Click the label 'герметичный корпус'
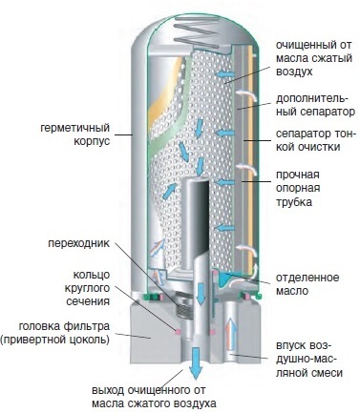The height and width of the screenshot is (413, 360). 74,134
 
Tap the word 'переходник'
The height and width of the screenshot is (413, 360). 78,243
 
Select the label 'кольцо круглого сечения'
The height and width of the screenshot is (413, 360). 88,288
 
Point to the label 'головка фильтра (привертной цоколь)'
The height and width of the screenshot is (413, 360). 55,333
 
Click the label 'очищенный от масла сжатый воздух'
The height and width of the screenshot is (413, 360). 314,58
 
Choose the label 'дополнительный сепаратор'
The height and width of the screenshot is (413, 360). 315,105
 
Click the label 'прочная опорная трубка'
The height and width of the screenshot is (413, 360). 298,188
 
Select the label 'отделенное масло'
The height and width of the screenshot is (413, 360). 307,284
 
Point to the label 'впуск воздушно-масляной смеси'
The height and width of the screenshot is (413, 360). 308,359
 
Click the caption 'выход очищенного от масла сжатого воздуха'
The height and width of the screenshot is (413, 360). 154,397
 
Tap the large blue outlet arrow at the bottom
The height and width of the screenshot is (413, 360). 195,363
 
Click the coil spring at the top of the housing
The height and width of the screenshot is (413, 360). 198,32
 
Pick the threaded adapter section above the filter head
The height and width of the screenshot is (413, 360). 184,308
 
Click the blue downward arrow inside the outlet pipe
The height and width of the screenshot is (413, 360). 201,293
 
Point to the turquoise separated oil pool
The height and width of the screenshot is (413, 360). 225,279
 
